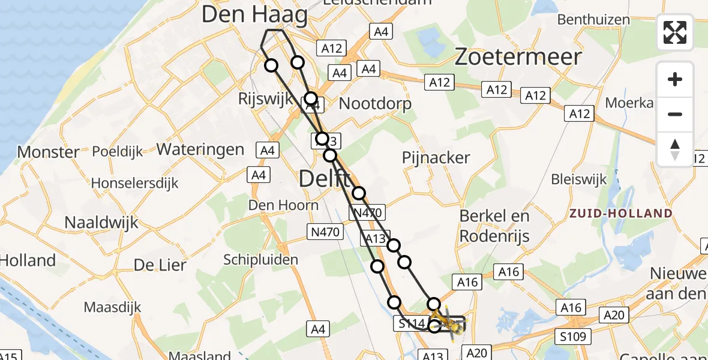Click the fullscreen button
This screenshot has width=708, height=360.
point(675,32)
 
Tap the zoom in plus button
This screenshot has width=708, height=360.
point(675,79)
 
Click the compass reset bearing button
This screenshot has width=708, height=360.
point(675,149)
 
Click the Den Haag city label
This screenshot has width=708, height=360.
point(254,14)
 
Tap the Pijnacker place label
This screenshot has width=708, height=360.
point(436,158)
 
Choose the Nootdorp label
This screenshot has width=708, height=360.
point(376,104)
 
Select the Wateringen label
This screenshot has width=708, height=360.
point(200,149)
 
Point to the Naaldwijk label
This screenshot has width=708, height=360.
point(101,223)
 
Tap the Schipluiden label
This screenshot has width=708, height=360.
point(260,259)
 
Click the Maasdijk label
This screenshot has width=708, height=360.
point(113,307)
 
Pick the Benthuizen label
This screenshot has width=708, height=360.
point(593,20)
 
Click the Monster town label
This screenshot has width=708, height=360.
point(48,152)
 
